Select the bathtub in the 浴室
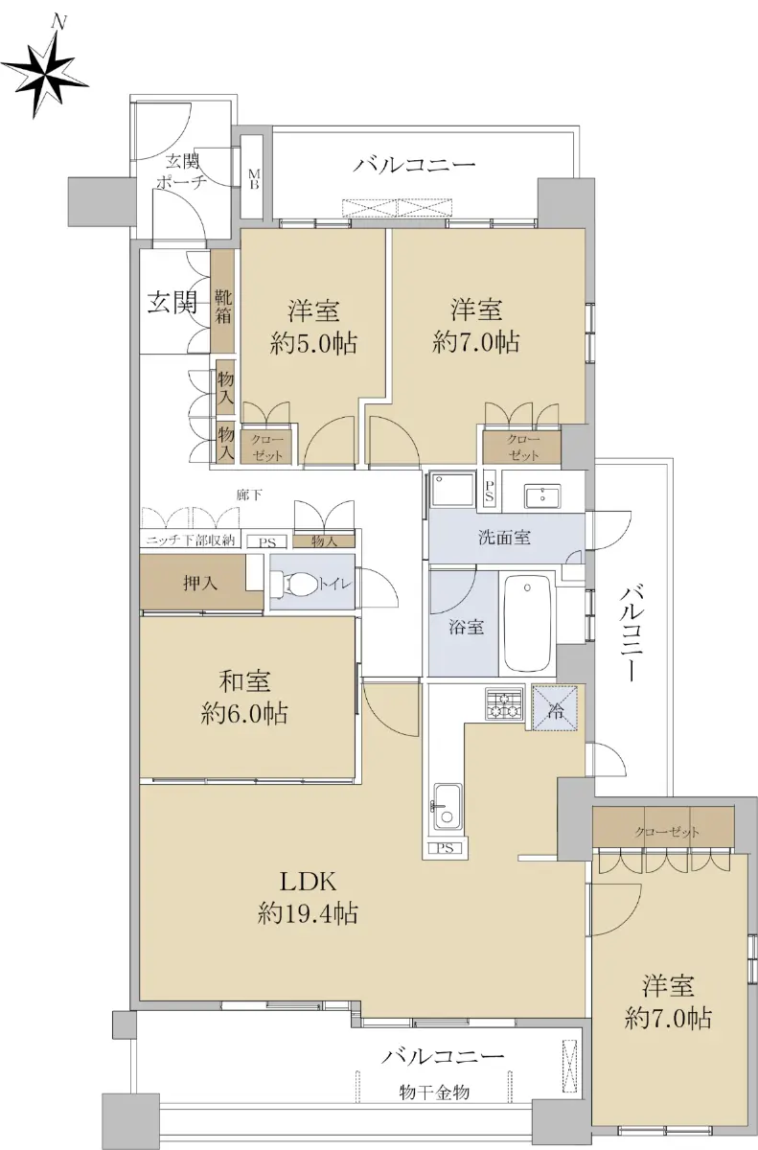tap(528, 623)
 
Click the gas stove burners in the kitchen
tap(504, 703)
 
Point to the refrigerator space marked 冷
tap(554, 707)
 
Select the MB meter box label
tap(253, 178)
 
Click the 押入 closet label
tap(200, 584)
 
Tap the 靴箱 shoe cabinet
tap(223, 306)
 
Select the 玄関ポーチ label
tap(182, 172)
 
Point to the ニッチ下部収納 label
tap(190, 540)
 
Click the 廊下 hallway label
tap(250, 494)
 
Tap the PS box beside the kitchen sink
tap(446, 848)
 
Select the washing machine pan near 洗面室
tap(453, 490)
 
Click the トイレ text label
tap(335, 585)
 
